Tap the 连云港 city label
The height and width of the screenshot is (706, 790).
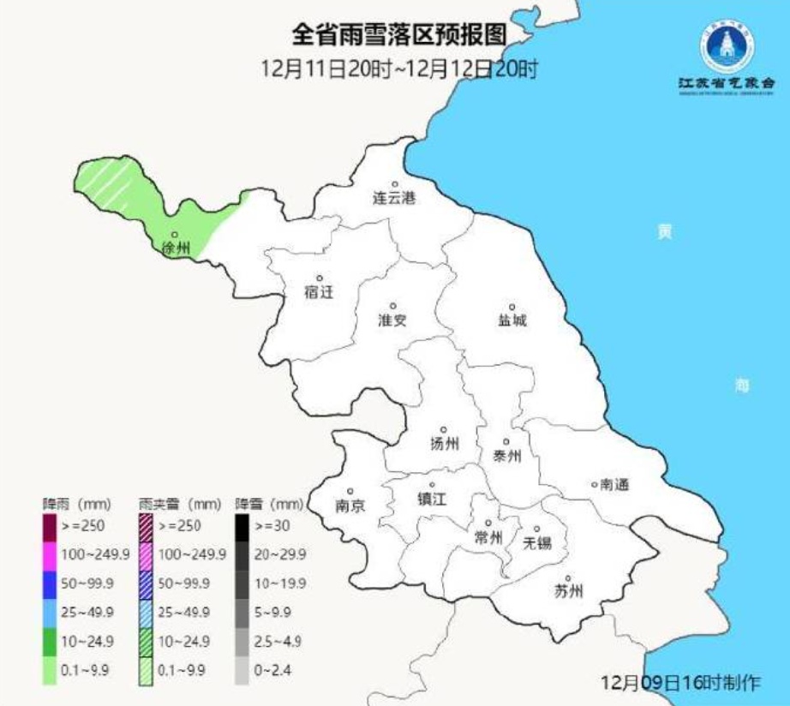393,199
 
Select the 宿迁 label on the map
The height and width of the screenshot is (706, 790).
319,292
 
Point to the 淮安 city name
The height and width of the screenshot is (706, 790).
392,320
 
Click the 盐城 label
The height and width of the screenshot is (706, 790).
512,320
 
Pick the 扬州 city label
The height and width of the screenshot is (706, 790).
444,444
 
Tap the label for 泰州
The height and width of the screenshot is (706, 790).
507,457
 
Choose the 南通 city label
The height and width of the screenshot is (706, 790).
614,485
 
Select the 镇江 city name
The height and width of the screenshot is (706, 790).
432,500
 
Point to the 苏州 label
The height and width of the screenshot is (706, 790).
568,591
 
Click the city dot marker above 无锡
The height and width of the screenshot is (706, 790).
538,529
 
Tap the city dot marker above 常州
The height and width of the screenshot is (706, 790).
488,523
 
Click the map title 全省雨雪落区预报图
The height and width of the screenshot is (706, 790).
399,37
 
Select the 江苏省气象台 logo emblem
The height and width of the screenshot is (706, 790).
727,48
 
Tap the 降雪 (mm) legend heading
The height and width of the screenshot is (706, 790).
269,503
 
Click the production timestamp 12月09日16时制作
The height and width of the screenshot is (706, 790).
681,683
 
